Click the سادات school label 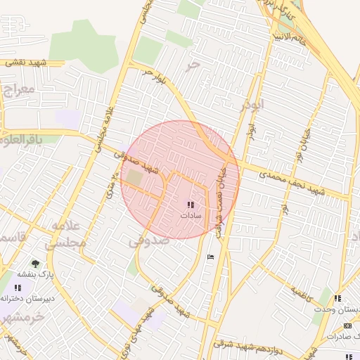[x=190, y=216]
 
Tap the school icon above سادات [x=191, y=205]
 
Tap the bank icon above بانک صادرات [x=347, y=326]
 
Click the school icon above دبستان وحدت [x=337, y=299]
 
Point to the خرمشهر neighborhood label [x=21, y=317]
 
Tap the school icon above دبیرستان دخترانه [x=18, y=287]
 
